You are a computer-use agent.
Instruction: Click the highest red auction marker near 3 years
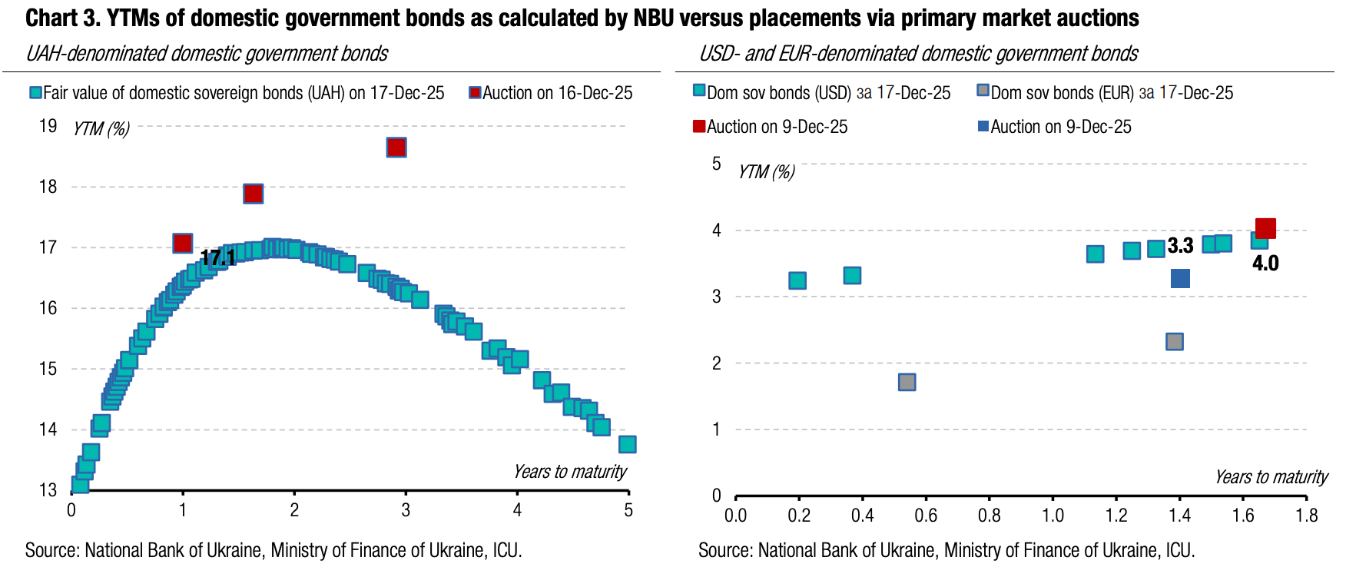[x=396, y=148]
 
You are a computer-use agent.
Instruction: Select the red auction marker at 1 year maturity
[x=182, y=244]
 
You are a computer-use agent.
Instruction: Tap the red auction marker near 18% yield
[x=254, y=194]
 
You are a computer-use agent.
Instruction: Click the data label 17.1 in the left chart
[x=218, y=258]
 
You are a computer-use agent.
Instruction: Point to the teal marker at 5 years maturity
[x=627, y=444]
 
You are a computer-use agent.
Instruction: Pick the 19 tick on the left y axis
[x=48, y=126]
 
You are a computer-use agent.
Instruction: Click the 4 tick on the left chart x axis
[x=517, y=510]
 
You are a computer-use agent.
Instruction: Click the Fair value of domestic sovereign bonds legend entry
[x=237, y=93]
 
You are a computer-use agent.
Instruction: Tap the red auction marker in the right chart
[x=1265, y=228]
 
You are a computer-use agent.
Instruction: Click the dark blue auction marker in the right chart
[x=1180, y=278]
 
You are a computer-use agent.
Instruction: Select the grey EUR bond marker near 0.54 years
[x=907, y=382]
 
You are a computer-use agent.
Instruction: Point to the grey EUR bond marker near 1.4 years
[x=1174, y=341]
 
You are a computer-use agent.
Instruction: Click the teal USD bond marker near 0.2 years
[x=797, y=280]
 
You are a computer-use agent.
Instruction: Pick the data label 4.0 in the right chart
[x=1265, y=264]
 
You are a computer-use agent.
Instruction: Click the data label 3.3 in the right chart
[x=1180, y=246]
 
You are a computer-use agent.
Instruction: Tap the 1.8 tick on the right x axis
[x=1306, y=516]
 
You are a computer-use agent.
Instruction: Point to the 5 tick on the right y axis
[x=717, y=164]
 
